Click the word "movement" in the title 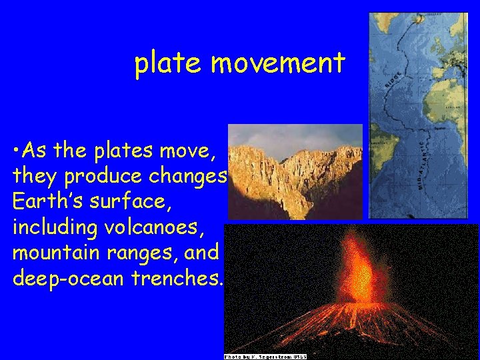click(278, 64)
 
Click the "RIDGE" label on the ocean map click(397, 81)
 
